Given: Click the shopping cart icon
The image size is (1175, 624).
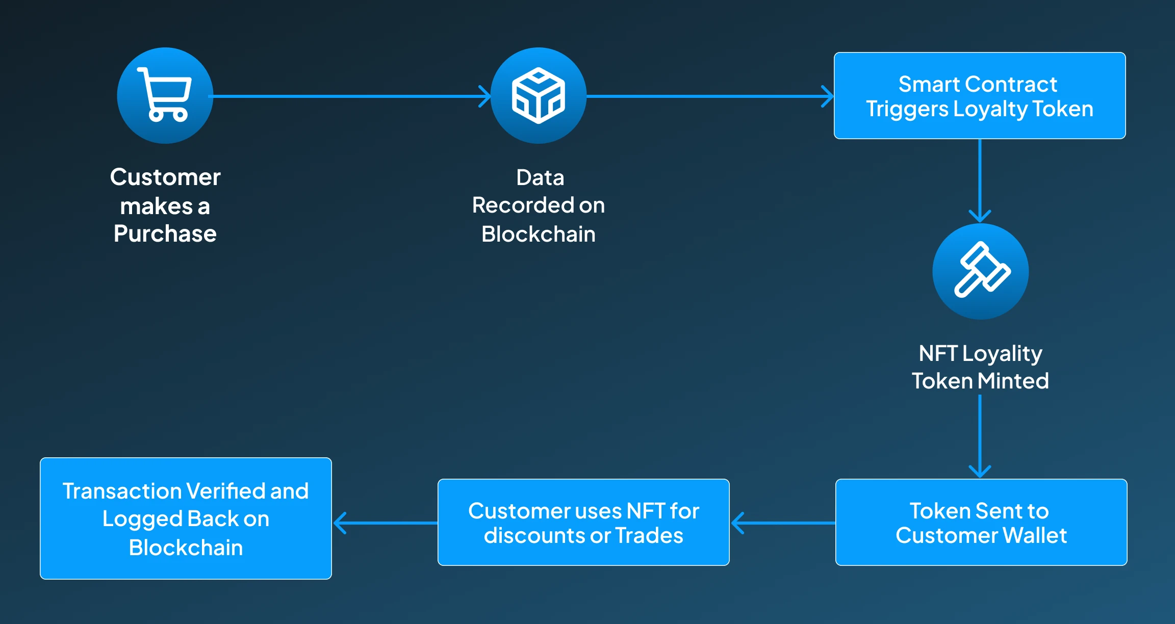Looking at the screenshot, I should (x=165, y=95).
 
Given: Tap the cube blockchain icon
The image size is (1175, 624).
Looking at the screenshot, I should (x=539, y=95).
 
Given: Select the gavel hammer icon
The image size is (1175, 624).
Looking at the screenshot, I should (x=980, y=271).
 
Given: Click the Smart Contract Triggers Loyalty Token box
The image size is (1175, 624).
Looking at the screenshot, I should (x=979, y=96).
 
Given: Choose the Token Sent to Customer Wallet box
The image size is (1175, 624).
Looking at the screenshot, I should (x=981, y=522).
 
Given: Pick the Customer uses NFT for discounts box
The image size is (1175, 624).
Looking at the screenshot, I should (x=583, y=522).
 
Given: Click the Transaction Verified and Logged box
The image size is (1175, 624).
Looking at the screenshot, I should (x=186, y=518).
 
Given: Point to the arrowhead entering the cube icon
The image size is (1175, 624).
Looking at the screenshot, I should (x=485, y=96).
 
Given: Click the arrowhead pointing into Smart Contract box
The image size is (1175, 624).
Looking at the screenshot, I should (x=828, y=96).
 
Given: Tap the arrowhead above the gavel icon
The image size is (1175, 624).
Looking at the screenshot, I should (x=980, y=216).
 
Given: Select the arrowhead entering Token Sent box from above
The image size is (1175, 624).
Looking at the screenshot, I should (x=980, y=472).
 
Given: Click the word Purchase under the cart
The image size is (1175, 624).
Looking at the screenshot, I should (x=165, y=234).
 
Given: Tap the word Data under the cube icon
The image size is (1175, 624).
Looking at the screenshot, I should (x=540, y=178).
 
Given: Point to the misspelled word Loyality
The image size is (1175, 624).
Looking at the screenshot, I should (x=1002, y=354).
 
